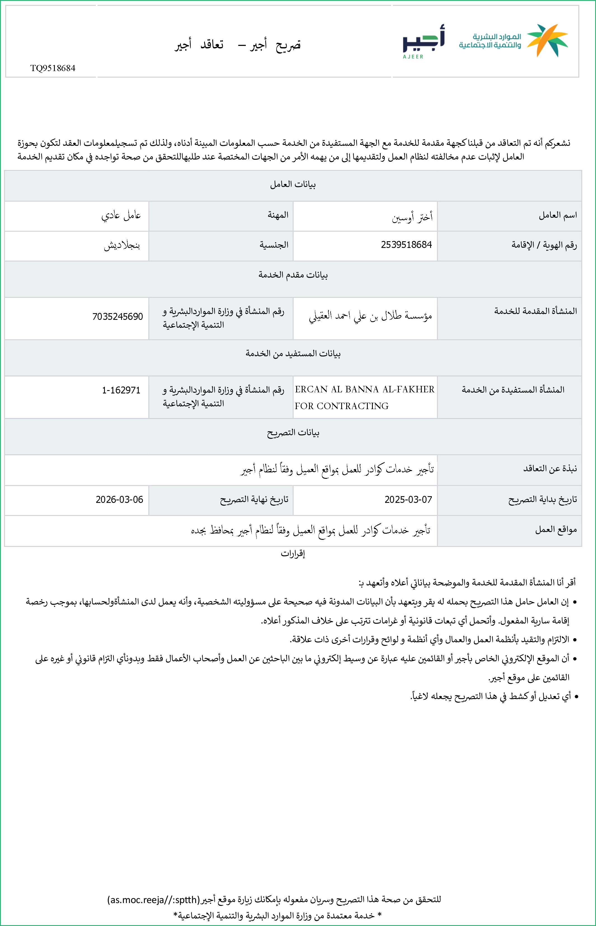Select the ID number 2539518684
(406, 245)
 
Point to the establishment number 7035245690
(118, 317)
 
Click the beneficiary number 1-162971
(121, 390)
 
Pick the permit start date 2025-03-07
(408, 500)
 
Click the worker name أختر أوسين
(412, 217)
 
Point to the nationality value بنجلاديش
(122, 245)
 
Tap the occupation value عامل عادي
(121, 215)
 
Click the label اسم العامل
(558, 215)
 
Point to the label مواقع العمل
(556, 529)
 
